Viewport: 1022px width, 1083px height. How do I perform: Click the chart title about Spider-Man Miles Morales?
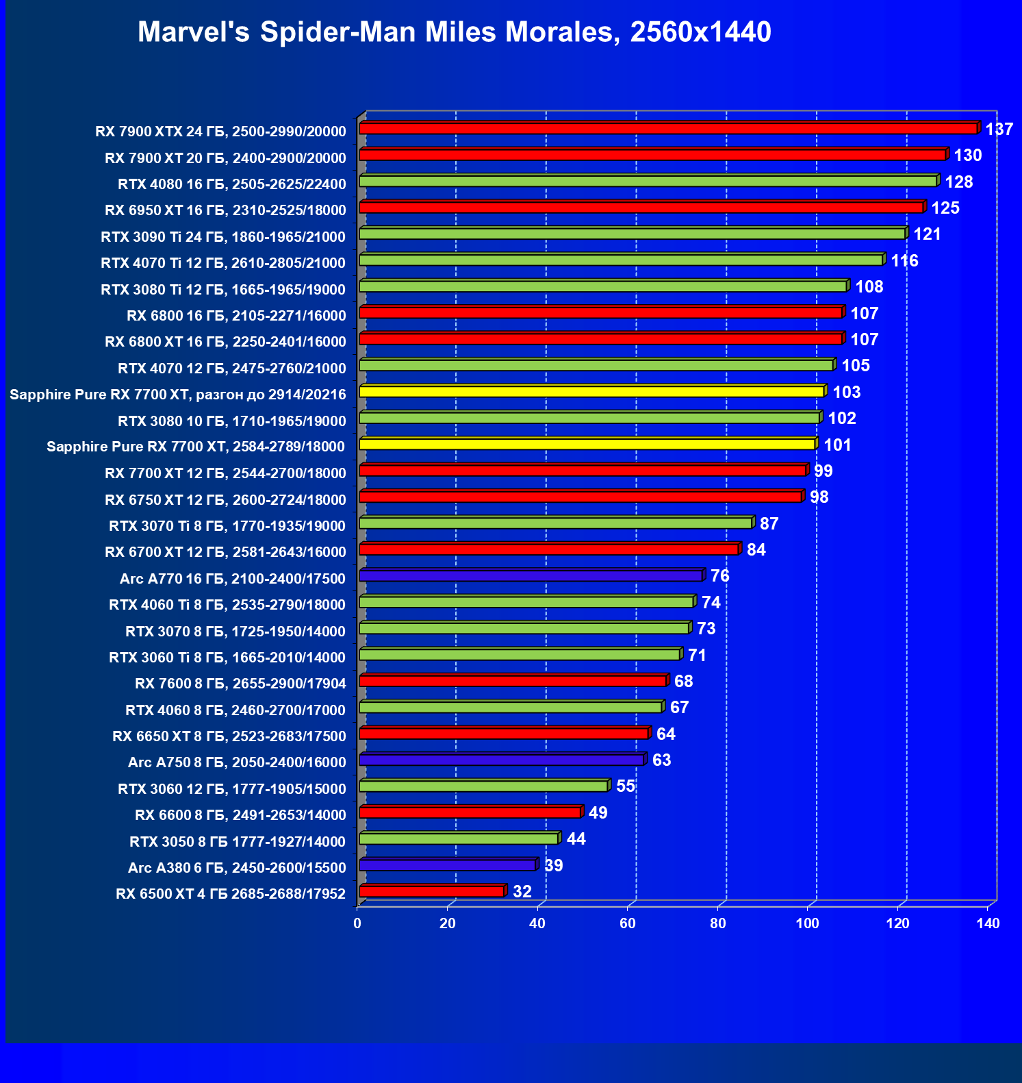[454, 32]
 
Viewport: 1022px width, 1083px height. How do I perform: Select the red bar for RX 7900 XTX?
[667, 129]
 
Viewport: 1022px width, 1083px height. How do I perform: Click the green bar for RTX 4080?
[648, 182]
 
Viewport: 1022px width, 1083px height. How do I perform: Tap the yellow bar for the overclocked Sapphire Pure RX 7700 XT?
[591, 392]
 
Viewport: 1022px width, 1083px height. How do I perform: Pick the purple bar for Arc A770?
[531, 576]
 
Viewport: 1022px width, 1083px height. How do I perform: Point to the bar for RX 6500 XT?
[431, 892]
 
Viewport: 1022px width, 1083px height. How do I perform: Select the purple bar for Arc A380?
[447, 865]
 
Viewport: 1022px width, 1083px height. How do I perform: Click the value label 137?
[999, 129]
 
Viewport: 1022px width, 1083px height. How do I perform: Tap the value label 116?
[904, 261]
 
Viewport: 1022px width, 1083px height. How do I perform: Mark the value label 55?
[626, 786]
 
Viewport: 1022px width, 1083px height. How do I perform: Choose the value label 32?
[522, 892]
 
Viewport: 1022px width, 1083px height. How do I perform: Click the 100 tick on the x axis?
[807, 923]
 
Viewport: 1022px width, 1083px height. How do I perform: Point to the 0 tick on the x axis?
[357, 923]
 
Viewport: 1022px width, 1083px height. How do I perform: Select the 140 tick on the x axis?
[988, 923]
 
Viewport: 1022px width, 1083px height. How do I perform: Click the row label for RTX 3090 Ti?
[223, 237]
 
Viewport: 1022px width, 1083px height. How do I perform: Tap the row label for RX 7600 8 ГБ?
[240, 684]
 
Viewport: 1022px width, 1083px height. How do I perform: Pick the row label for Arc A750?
[237, 762]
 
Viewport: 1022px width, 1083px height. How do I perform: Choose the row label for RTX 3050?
[238, 842]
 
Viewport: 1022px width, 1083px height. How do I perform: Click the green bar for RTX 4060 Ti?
[526, 602]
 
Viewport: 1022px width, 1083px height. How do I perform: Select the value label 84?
[756, 550]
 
